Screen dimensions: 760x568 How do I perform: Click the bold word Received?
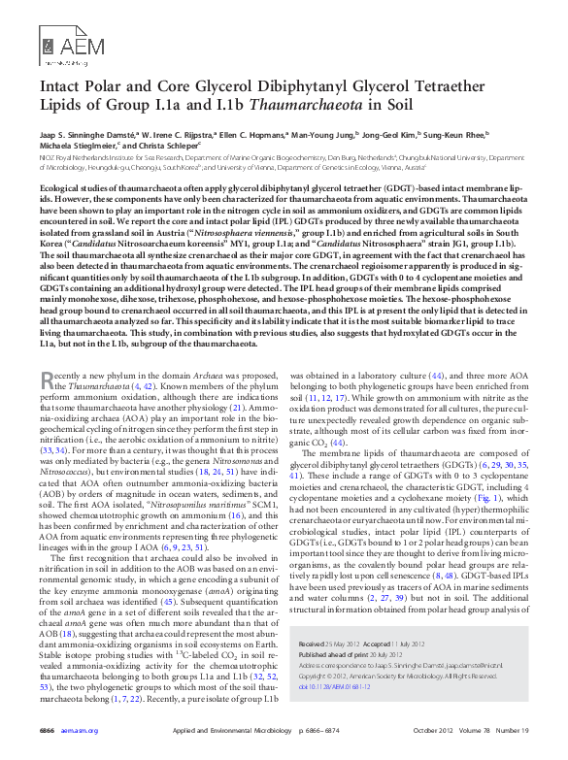coord(314,644)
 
